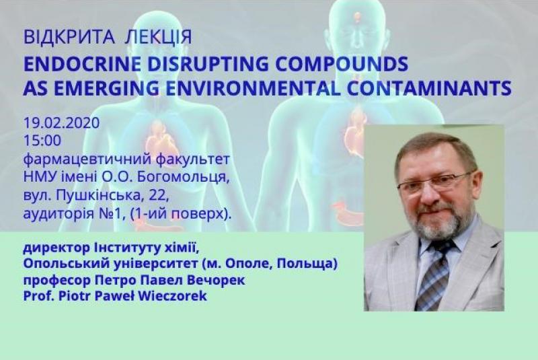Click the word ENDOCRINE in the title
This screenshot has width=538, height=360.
82,63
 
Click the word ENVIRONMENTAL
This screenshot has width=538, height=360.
253,88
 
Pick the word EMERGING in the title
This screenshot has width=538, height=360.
106,88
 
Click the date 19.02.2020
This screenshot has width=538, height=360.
61,123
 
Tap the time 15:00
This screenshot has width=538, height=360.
42,141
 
